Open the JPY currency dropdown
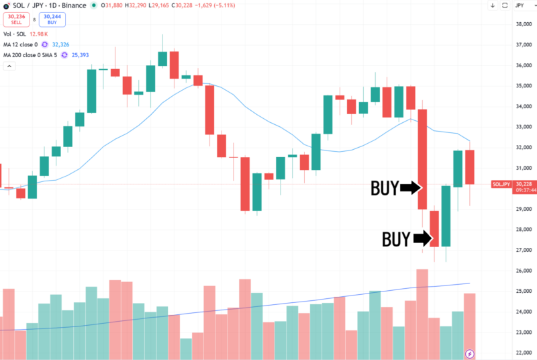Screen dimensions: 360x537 coord(521,6)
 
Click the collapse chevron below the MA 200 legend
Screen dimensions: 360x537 coord(9,66)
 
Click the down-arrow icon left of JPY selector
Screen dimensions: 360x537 coord(493,6)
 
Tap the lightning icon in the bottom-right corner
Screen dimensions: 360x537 coord(469,353)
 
